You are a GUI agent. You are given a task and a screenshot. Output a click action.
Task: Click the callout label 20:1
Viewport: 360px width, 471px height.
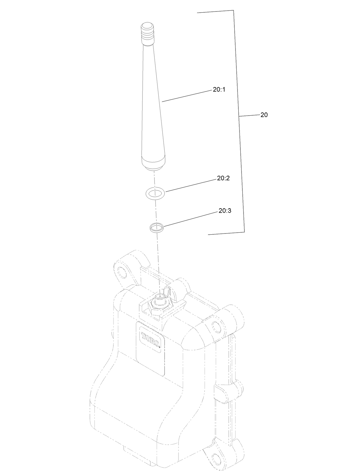[219, 89]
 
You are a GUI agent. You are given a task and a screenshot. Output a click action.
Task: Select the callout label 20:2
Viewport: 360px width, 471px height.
[223, 178]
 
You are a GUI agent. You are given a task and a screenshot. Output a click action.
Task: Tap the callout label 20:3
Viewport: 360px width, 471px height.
[225, 211]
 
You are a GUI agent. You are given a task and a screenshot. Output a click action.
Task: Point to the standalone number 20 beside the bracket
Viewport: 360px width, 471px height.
[264, 115]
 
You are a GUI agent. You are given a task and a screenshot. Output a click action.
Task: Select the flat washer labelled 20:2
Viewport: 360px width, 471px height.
[155, 193]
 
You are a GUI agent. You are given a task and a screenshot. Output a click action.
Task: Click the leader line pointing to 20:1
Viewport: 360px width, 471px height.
[186, 96]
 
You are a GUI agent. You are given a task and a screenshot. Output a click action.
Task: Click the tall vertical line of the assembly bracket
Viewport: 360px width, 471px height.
[240, 120]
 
